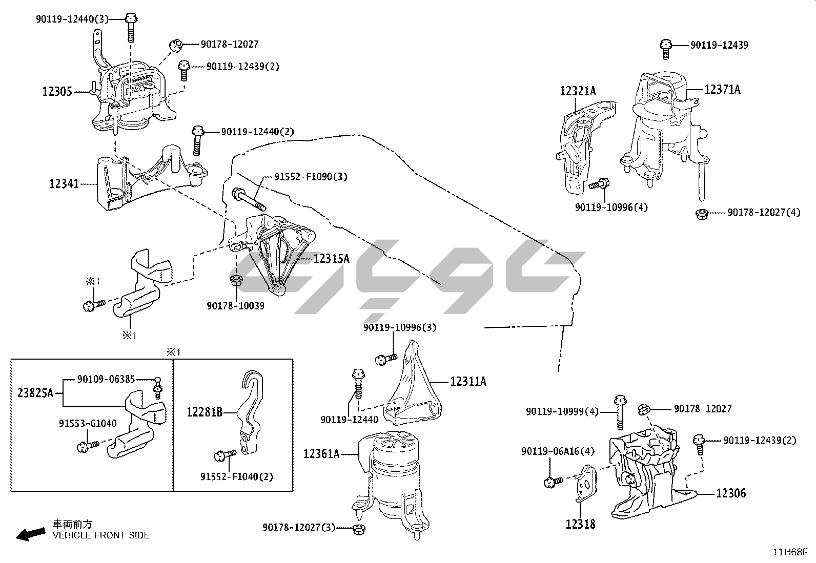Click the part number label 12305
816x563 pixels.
[x=57, y=92]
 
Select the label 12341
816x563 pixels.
[x=64, y=183]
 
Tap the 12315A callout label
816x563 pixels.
[x=331, y=259]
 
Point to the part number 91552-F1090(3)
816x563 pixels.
[x=311, y=177]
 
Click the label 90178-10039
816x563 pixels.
[x=236, y=306]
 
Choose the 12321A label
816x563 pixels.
[x=578, y=91]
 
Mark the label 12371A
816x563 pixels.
[x=722, y=90]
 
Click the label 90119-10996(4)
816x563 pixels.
[x=611, y=207]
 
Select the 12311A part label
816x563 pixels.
[x=468, y=381]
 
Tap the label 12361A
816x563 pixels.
[x=321, y=453]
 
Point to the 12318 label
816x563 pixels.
[x=580, y=524]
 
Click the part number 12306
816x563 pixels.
[x=730, y=493]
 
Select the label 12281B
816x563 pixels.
[x=205, y=411]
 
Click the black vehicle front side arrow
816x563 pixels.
[x=30, y=534]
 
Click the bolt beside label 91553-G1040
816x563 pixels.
[x=86, y=447]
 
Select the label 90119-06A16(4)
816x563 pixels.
[x=558, y=451]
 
